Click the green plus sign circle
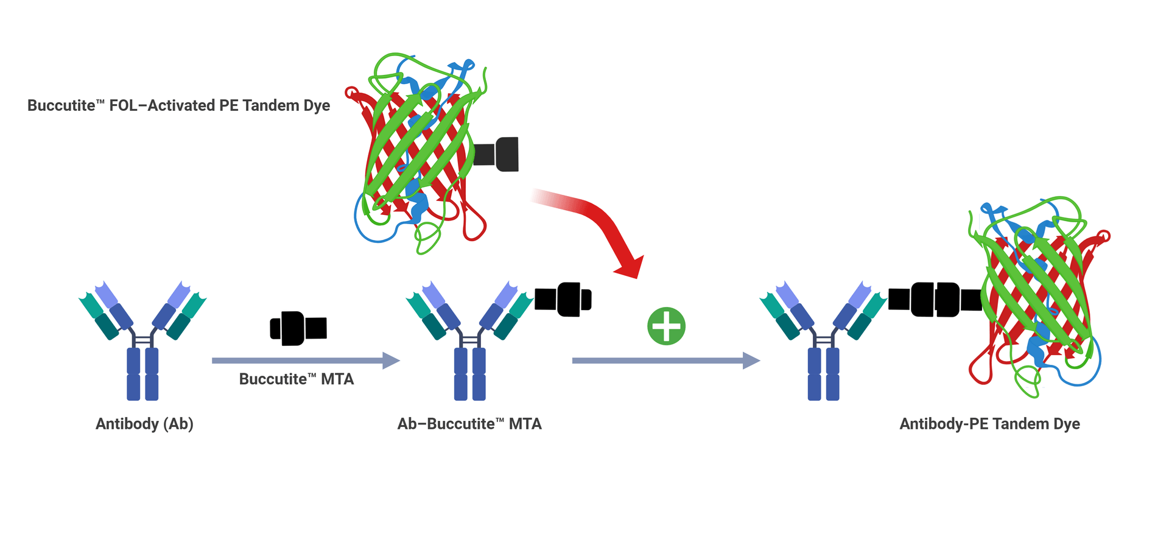click(666, 326)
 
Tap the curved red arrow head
click(630, 266)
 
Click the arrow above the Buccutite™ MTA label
click(304, 361)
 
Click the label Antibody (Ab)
click(144, 424)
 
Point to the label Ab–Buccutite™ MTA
click(469, 424)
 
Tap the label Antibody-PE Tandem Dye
click(989, 424)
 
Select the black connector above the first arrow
click(298, 328)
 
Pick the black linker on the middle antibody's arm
click(563, 299)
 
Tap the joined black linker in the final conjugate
click(935, 300)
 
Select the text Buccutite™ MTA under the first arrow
click(296, 379)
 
